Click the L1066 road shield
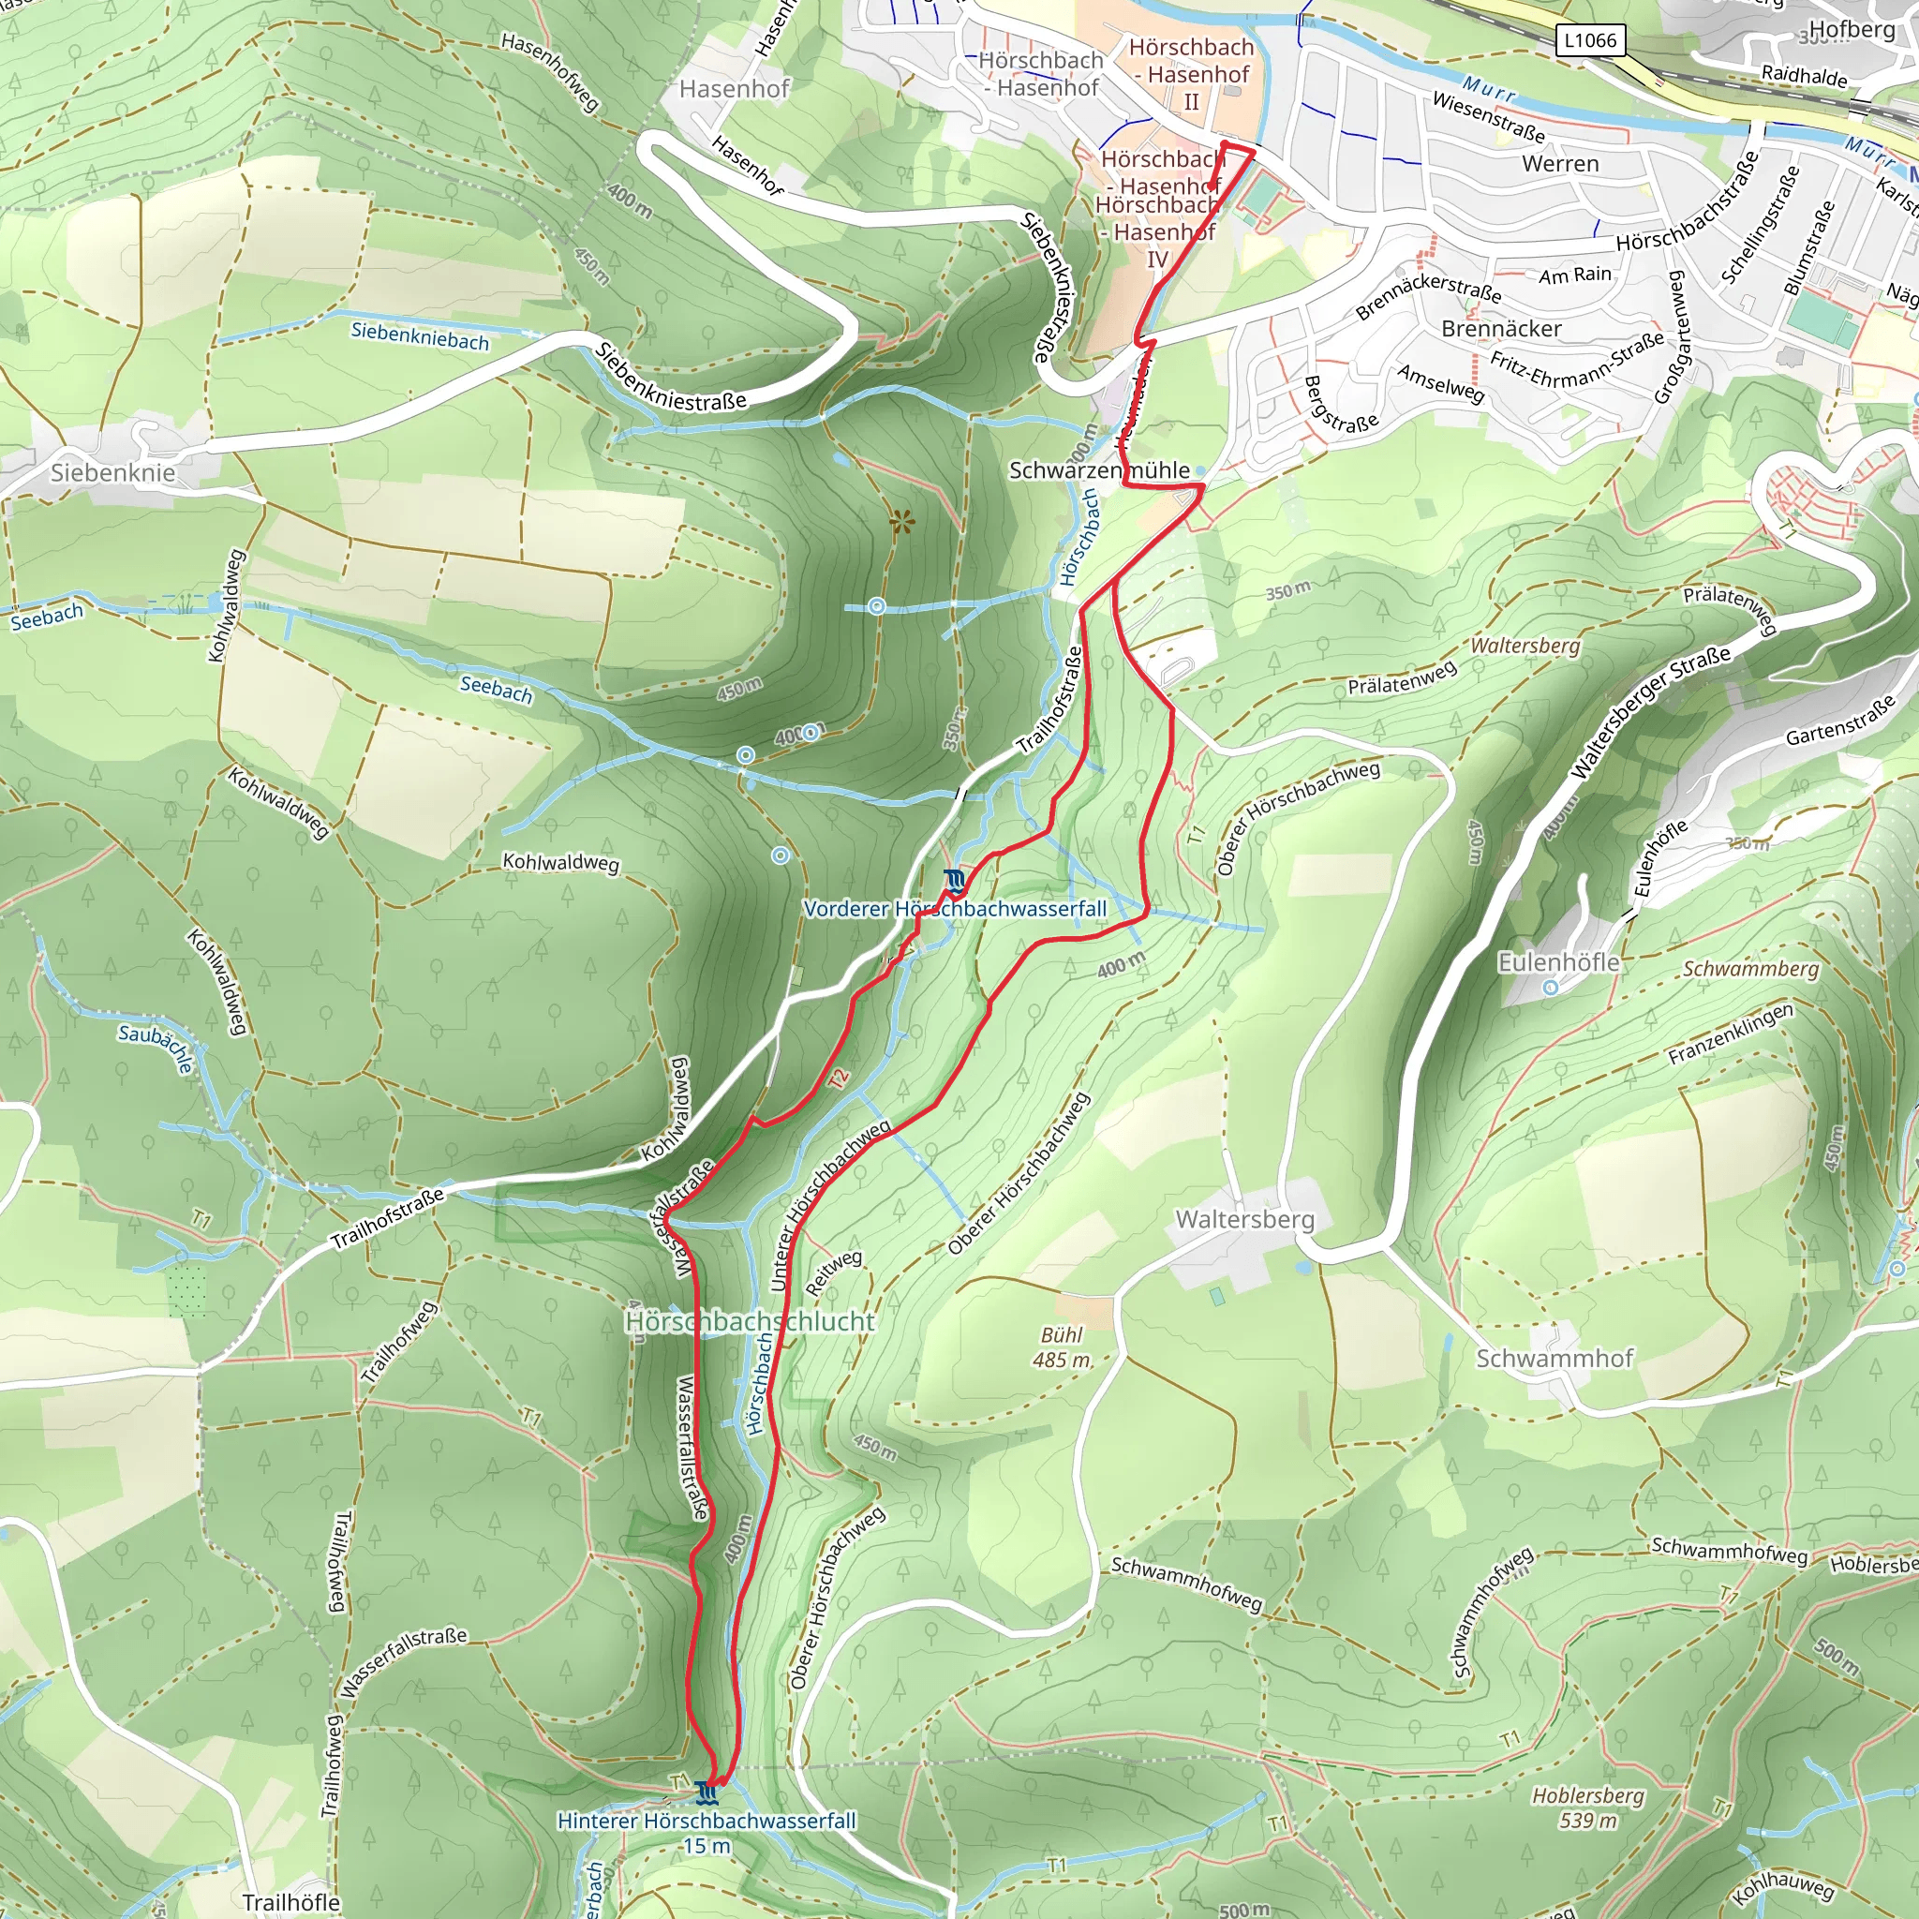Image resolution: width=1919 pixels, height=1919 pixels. point(1590,39)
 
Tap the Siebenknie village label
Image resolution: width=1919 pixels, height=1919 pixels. point(112,472)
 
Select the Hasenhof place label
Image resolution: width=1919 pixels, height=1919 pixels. point(734,88)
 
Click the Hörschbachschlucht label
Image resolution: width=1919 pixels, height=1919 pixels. point(750,1321)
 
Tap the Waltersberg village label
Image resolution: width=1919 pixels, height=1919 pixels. point(1244,1219)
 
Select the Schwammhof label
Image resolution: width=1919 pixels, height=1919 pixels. point(1555,1358)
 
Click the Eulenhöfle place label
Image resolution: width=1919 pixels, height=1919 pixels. point(1558,961)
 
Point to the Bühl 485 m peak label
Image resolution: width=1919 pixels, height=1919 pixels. point(1062,1347)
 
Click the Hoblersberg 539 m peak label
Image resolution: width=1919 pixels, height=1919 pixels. point(1588,1807)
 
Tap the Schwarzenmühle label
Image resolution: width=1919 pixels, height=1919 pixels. point(1099,469)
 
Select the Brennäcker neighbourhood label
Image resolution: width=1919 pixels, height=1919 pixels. point(1501,329)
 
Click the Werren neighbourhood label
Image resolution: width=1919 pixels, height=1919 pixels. point(1560,164)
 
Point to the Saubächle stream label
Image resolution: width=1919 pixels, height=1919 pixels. point(156,1048)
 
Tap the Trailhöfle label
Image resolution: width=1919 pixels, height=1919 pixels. point(291,1902)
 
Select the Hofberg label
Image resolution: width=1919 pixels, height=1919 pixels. point(1852,29)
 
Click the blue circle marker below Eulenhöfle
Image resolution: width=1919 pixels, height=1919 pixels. point(1551,988)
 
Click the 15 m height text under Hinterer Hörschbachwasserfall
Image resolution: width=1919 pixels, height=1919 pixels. point(707,1846)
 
